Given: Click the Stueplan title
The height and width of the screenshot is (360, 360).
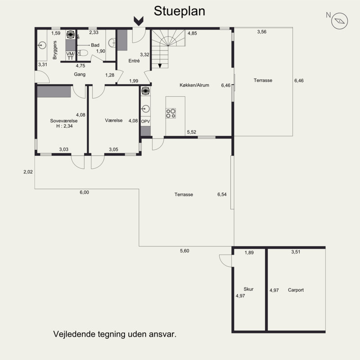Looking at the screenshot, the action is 179,11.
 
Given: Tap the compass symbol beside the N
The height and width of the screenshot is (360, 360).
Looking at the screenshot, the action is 340,21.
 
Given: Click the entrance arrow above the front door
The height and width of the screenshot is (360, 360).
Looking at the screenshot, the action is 139,21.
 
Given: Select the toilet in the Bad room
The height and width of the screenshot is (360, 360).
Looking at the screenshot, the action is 83,53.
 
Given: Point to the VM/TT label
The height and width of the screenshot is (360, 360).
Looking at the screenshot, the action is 70,56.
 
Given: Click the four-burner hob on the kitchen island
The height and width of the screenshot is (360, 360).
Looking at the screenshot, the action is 171,113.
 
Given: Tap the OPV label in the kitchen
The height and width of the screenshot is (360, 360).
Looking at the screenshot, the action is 145,121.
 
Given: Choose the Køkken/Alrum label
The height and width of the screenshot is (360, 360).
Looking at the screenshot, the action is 194,85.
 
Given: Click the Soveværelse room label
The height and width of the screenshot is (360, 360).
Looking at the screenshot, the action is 64,121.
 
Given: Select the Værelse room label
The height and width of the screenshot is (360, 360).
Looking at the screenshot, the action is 114,120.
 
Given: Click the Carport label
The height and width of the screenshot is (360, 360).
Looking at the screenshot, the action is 296,290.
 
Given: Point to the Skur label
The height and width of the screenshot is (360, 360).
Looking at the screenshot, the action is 248,289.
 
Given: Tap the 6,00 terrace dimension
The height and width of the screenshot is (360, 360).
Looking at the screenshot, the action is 84,193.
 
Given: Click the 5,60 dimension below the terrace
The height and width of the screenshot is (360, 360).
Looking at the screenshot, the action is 184,251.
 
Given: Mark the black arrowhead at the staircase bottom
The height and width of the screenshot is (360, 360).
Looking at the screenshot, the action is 160,66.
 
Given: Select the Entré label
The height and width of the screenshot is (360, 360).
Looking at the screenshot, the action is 134,61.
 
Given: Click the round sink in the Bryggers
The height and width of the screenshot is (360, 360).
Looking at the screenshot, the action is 42,45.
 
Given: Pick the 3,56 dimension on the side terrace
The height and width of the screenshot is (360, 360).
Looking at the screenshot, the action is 262,31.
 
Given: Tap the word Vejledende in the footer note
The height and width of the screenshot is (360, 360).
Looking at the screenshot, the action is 74,334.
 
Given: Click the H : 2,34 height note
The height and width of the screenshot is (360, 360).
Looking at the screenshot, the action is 64,126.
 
